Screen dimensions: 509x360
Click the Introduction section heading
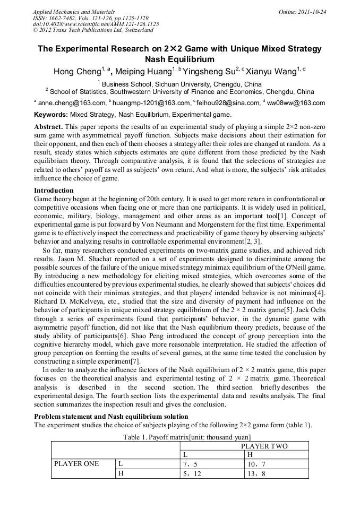pos(54,190)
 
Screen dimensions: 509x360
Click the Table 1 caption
pos(179,437)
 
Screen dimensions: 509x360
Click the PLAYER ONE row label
pos(77,464)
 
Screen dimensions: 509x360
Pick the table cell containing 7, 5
pos(190,464)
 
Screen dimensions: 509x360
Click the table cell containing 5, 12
pos(192,474)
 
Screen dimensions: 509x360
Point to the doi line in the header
pos(96,24)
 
